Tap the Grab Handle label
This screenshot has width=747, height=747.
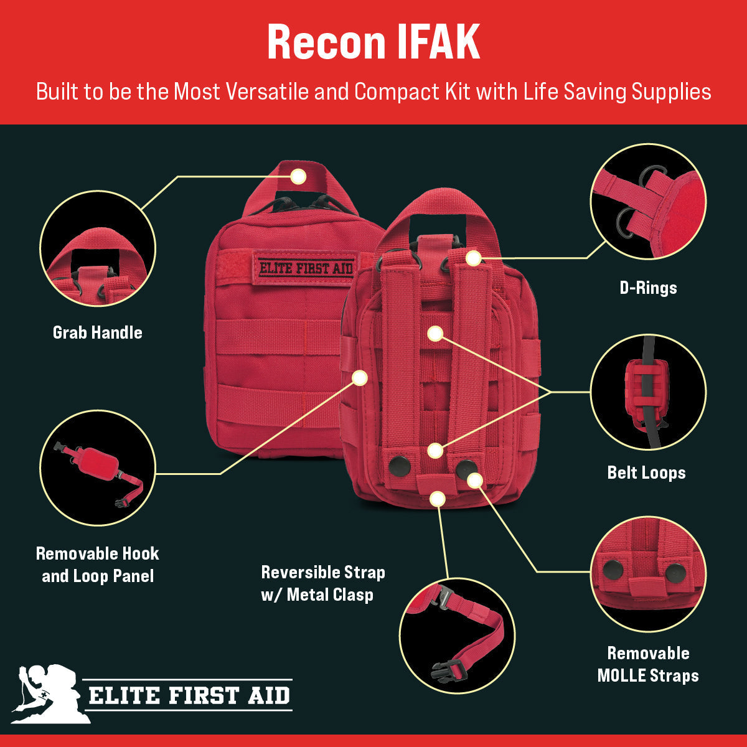(x=98, y=332)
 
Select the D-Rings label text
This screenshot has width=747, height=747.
(x=648, y=288)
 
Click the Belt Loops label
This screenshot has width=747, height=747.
(x=646, y=472)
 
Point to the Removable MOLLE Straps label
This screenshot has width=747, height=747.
(x=648, y=664)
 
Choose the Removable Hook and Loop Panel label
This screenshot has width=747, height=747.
(x=98, y=565)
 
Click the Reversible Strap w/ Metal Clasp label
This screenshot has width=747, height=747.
(x=323, y=583)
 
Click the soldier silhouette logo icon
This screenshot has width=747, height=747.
(x=47, y=693)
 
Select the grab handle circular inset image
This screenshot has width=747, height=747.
(x=98, y=249)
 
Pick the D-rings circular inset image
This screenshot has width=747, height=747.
(x=648, y=201)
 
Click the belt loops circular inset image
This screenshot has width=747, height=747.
(x=648, y=392)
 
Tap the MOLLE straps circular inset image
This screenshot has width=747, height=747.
(x=648, y=574)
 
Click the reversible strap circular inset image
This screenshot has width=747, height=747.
(x=457, y=635)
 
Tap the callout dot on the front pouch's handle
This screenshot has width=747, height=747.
(x=298, y=176)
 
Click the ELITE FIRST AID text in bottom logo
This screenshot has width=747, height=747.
(x=189, y=695)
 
